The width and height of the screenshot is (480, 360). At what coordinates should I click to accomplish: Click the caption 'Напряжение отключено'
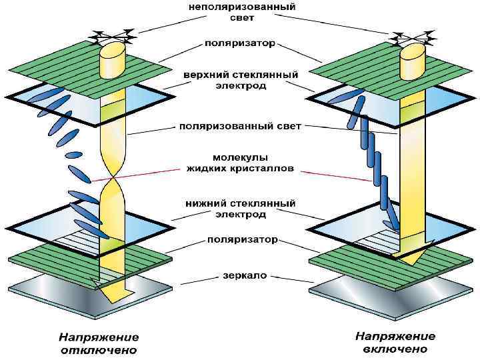[x=99, y=343]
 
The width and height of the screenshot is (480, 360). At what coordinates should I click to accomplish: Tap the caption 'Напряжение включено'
[x=395, y=343]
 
